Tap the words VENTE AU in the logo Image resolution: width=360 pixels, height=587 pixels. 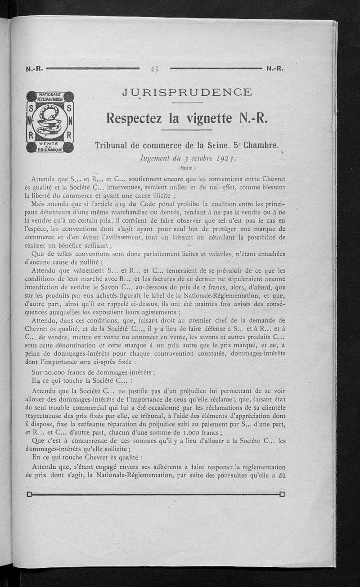point(49,143)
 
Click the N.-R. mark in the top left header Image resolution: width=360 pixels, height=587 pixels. point(34,69)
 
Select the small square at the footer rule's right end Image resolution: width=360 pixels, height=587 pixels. point(282,494)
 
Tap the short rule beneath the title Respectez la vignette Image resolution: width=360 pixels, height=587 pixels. point(186,130)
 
